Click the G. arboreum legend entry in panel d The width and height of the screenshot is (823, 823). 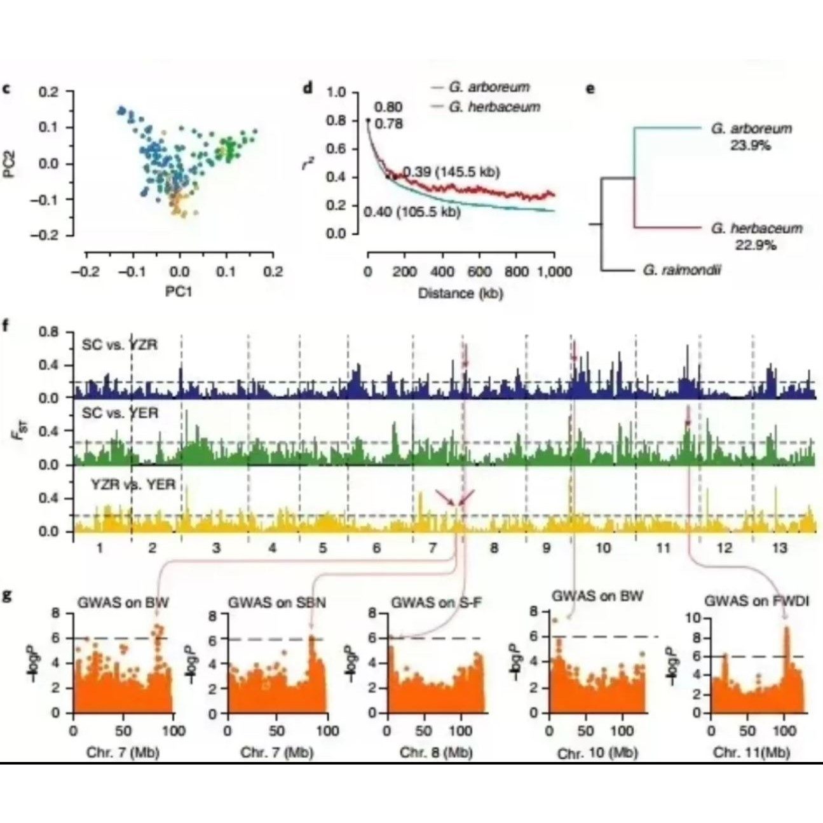[488, 87]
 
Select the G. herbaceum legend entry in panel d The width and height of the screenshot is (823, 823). [494, 107]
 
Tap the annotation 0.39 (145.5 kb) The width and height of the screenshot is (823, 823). [451, 173]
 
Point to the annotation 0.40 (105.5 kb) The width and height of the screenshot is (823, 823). [412, 212]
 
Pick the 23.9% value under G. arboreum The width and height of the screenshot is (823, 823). [750, 145]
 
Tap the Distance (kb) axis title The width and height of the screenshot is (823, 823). [454, 293]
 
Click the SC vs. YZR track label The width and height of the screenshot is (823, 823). [119, 345]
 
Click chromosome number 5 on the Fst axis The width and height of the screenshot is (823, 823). [322, 548]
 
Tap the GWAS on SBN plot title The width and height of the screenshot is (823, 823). [276, 602]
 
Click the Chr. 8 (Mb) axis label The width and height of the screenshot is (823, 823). [436, 752]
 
